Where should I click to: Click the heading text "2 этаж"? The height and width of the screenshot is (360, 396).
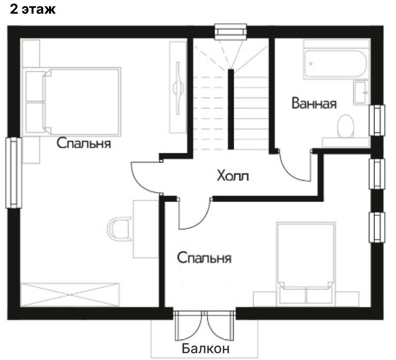pyautogui.click(x=33, y=9)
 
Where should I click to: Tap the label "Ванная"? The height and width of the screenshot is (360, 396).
pyautogui.click(x=314, y=103)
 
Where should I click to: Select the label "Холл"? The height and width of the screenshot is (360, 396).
pyautogui.click(x=233, y=175)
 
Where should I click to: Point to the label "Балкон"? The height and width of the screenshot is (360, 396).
pyautogui.click(x=206, y=348)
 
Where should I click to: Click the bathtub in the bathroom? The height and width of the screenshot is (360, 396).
pyautogui.click(x=336, y=63)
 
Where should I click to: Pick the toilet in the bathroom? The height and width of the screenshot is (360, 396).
pyautogui.click(x=346, y=126)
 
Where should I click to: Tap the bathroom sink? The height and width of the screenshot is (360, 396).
pyautogui.click(x=361, y=92)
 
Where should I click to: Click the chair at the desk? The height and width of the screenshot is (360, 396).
pyautogui.click(x=119, y=229)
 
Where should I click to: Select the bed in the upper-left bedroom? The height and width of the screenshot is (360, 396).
pyautogui.click(x=72, y=101)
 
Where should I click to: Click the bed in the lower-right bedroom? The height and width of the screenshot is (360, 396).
pyautogui.click(x=306, y=263)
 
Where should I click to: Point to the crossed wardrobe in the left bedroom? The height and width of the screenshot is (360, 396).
pyautogui.click(x=70, y=295)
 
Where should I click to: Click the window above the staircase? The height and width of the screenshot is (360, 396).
pyautogui.click(x=230, y=32)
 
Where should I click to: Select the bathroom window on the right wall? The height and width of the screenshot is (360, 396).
pyautogui.click(x=377, y=120)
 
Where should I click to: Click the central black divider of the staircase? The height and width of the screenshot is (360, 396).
pyautogui.click(x=231, y=109)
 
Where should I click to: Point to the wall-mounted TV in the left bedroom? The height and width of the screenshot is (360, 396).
pyautogui.click(x=178, y=88)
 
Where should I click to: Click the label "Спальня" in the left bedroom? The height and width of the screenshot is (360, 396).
pyautogui.click(x=84, y=143)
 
